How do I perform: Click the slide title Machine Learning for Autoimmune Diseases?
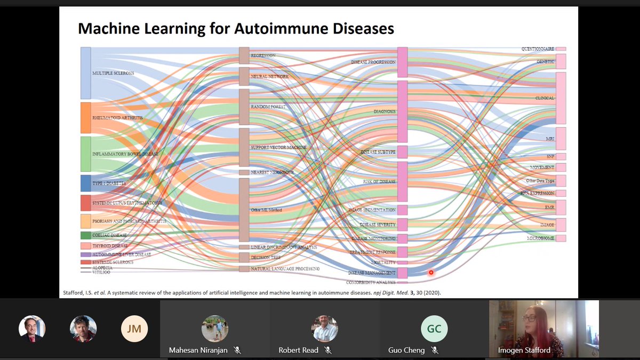(236, 28)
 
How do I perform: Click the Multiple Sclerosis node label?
(113, 73)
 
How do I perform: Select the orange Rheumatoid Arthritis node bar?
(86, 117)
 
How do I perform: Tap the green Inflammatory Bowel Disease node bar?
(86, 154)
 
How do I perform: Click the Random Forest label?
(268, 107)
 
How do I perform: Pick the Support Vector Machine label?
(278, 147)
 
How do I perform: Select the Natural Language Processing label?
(285, 269)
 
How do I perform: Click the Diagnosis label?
(385, 111)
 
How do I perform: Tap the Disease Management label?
(372, 273)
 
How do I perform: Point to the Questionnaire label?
(538, 49)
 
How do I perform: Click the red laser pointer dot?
(431, 273)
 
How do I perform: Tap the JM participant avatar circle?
(134, 329)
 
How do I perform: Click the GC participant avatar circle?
(434, 329)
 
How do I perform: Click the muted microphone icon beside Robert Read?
(328, 350)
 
